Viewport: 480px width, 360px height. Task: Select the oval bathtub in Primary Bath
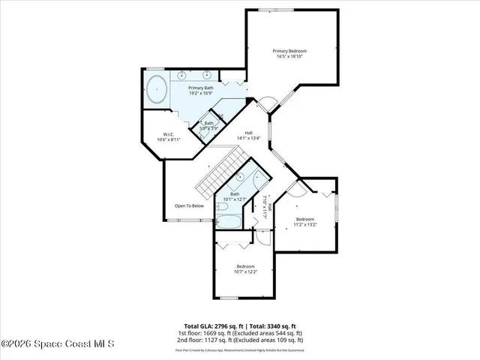click(x=156, y=90)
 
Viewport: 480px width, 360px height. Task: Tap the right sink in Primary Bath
click(x=207, y=75)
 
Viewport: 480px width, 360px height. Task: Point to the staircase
click(x=220, y=171)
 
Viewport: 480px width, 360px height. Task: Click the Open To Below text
click(x=189, y=205)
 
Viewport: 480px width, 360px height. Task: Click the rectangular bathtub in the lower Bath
click(x=227, y=222)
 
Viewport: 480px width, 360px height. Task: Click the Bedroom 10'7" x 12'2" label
click(x=246, y=269)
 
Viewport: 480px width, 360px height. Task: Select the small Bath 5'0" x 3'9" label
click(x=209, y=125)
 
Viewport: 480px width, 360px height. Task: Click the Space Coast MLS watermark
click(x=58, y=344)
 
